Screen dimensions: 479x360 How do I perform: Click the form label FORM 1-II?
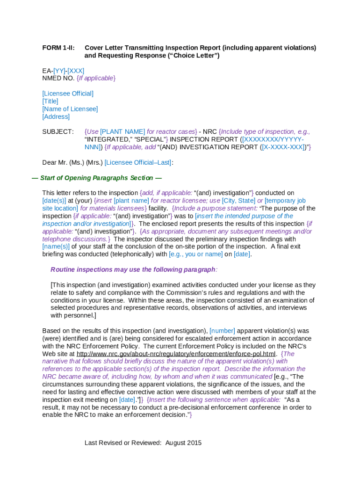58,48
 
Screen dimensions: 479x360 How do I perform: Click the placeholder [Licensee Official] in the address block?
68,94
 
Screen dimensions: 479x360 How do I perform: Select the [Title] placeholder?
50,101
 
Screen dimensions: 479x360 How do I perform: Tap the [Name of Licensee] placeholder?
70,109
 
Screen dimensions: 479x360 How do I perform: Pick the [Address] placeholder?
56,116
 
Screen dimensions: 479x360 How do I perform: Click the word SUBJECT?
58,131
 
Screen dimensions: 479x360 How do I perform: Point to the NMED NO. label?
58,78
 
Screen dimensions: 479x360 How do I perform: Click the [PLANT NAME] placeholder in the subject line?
122,131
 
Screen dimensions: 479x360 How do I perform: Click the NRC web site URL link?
177,354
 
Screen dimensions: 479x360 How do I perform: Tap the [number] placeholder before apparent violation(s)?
222,331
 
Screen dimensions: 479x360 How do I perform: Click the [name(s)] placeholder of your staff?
56,247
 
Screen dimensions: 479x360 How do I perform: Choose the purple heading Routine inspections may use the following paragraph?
134,269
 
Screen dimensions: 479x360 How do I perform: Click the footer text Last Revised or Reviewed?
123,443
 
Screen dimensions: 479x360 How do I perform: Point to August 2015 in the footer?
183,443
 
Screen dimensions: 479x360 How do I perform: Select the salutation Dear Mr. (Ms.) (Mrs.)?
72,162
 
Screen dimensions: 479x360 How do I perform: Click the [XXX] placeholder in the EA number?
76,71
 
